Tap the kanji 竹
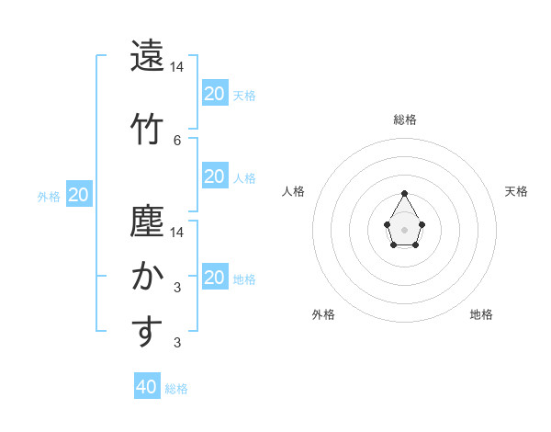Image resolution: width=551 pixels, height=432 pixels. (147, 129)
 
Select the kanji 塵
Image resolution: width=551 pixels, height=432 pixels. (147, 221)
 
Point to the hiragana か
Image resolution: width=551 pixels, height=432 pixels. (147, 276)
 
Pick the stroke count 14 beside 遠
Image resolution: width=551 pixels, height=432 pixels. (177, 68)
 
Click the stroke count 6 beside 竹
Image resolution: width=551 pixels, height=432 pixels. (177, 140)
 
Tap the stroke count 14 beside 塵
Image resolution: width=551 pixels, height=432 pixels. (177, 232)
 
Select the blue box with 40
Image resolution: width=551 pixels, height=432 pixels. (147, 387)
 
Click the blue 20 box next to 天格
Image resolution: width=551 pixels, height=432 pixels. (215, 93)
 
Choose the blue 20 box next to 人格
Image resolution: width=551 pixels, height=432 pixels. (215, 176)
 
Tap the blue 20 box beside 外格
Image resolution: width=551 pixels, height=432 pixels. (79, 194)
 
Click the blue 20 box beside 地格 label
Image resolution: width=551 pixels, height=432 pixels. (215, 278)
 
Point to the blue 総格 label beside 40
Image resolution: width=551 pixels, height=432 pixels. (176, 389)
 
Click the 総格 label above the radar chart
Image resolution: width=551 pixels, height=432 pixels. (405, 119)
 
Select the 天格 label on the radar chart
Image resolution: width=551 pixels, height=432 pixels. (516, 191)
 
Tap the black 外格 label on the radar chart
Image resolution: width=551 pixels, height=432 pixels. (323, 314)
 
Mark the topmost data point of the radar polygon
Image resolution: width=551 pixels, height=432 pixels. (404, 193)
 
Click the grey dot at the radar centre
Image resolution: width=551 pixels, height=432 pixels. (404, 229)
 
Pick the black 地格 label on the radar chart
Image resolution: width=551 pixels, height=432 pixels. (481, 314)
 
